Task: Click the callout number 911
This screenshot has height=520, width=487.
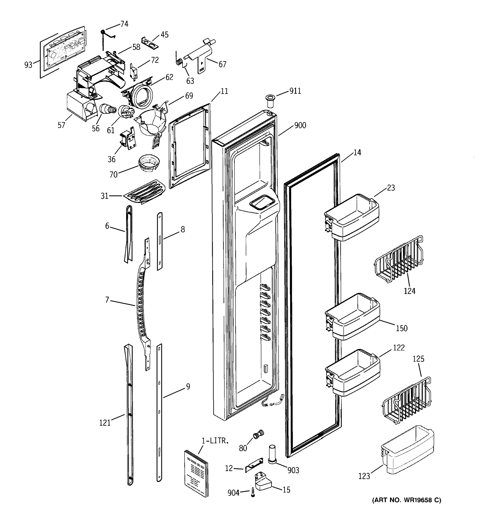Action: pyautogui.click(x=295, y=91)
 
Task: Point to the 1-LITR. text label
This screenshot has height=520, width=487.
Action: pyautogui.click(x=215, y=441)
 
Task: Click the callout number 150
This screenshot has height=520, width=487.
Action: pyautogui.click(x=402, y=328)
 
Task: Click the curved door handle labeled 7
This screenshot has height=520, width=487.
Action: pyautogui.click(x=142, y=303)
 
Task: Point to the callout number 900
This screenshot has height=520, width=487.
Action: pyautogui.click(x=300, y=125)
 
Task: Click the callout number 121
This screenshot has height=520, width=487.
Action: pyautogui.click(x=105, y=423)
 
